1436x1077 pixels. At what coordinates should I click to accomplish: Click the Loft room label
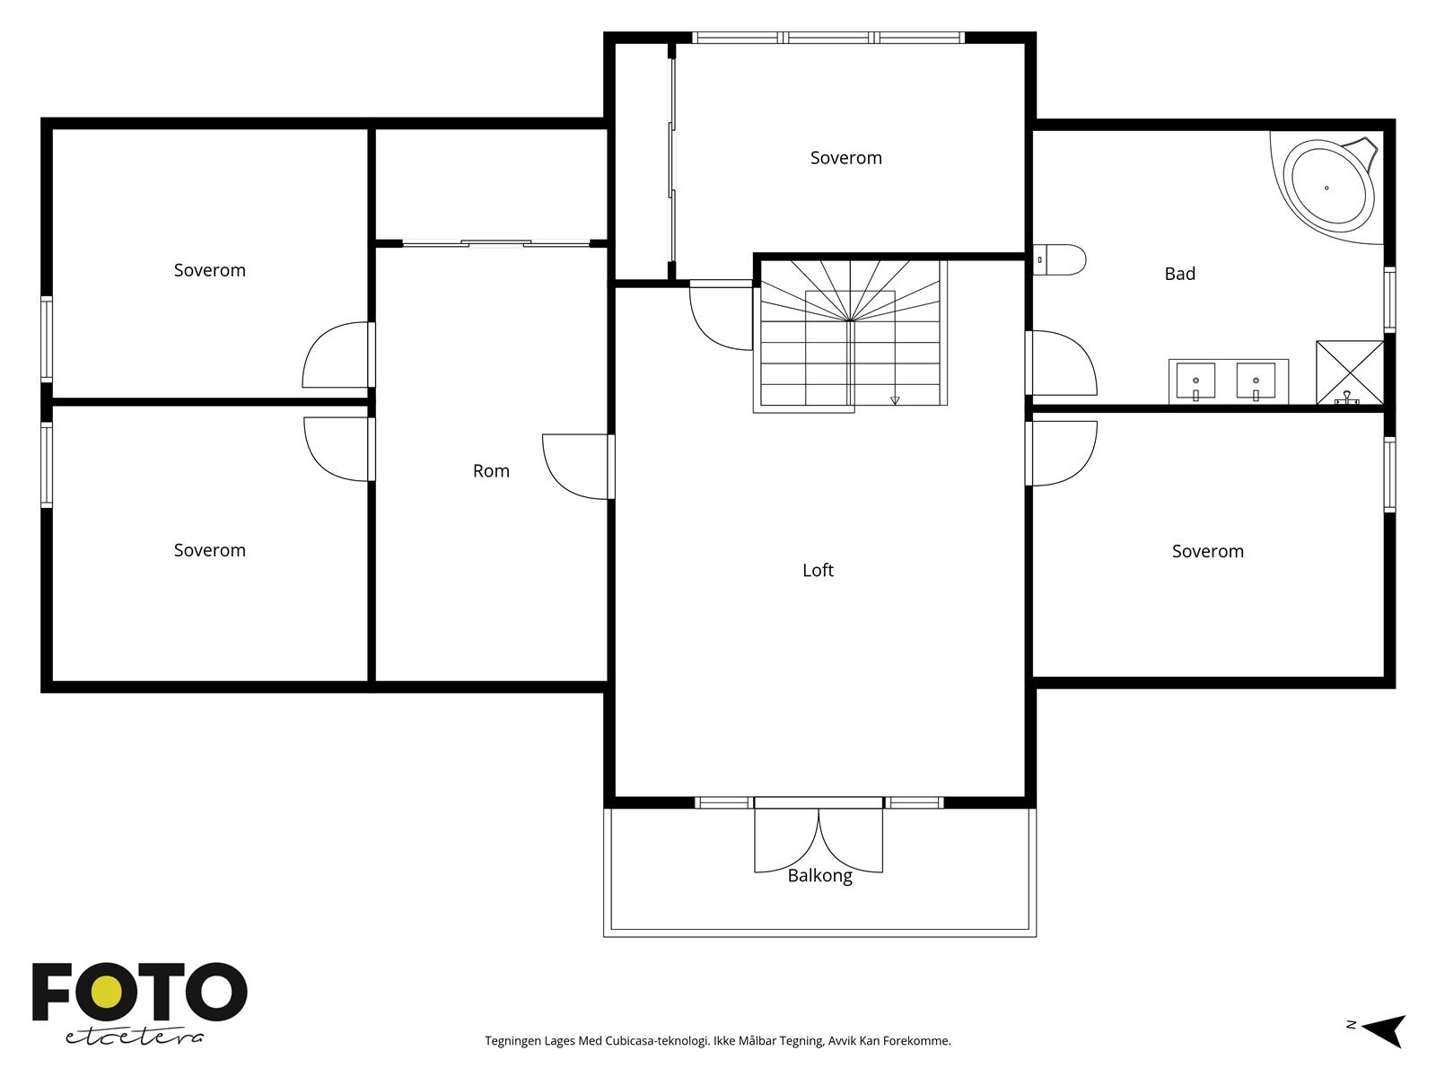click(x=818, y=570)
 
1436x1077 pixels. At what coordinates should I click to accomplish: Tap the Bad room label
click(x=1179, y=274)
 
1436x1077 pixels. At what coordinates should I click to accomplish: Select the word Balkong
click(x=819, y=876)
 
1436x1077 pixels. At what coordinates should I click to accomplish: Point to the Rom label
click(x=491, y=471)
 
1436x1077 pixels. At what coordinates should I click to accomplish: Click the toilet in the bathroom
click(x=1059, y=259)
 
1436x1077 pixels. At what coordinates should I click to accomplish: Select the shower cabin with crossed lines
click(x=1350, y=372)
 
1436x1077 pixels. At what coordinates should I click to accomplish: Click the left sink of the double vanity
click(x=1195, y=381)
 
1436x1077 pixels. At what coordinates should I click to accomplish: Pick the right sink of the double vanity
click(x=1256, y=381)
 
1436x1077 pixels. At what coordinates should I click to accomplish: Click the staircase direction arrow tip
click(x=895, y=404)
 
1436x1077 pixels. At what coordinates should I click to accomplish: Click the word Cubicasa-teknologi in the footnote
click(x=657, y=1040)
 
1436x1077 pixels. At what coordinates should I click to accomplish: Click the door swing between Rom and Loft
click(x=578, y=467)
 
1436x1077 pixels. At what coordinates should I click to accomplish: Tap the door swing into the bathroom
click(x=1061, y=363)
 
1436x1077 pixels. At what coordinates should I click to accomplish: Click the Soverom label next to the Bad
click(x=1208, y=551)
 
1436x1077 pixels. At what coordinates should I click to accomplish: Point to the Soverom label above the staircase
click(x=846, y=158)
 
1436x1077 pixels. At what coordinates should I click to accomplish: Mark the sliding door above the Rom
click(x=496, y=243)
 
